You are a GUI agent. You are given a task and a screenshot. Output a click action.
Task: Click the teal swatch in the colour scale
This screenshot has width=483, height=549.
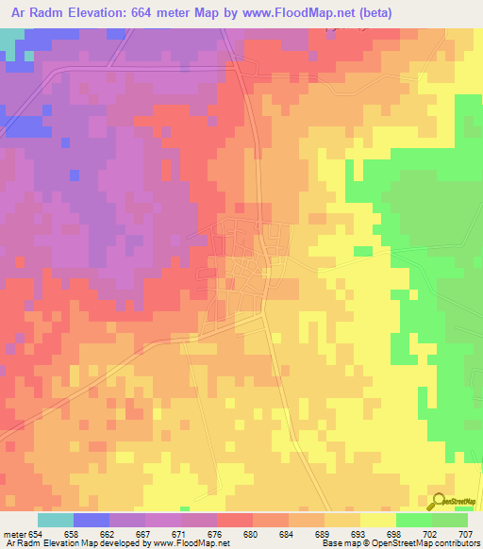coord(56,521)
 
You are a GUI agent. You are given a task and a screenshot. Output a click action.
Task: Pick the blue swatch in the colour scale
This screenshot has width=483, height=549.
coord(92,521)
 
